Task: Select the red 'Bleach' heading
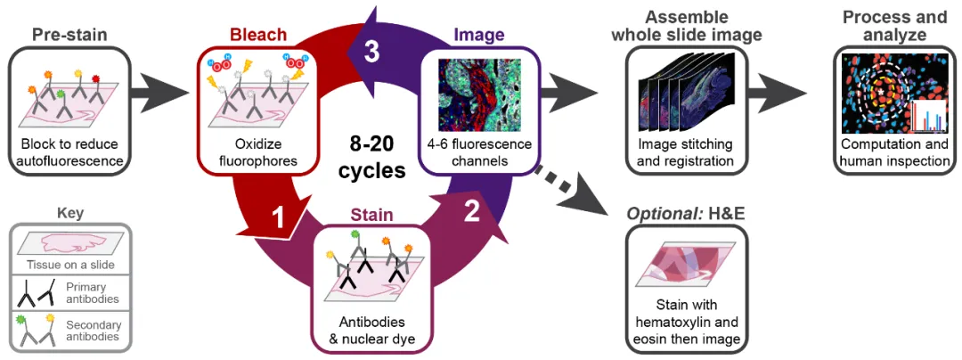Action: (258, 36)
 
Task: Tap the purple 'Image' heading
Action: (480, 36)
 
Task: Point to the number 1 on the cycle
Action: (279, 218)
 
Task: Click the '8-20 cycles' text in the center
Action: (372, 157)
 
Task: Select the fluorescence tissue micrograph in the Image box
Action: (480, 94)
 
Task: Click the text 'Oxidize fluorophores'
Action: (258, 152)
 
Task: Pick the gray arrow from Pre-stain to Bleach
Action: (160, 89)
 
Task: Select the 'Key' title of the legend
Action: (69, 214)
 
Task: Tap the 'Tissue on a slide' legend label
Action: (69, 265)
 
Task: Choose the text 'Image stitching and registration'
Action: (686, 152)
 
